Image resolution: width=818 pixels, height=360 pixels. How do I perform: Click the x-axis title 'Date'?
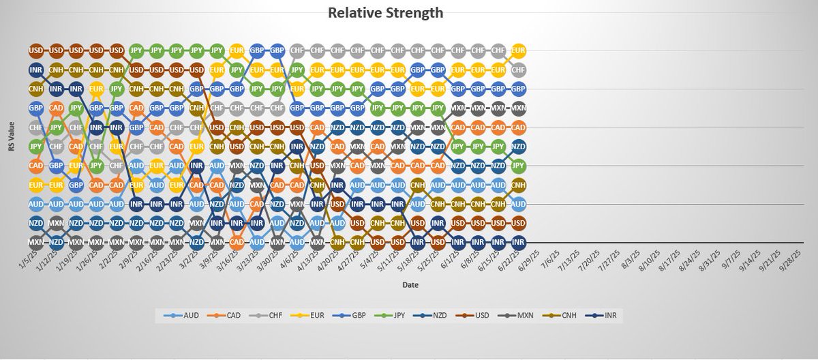(x=409, y=284)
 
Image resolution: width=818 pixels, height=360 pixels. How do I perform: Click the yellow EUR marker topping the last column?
(x=518, y=50)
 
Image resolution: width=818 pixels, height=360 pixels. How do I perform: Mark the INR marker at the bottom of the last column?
(x=518, y=242)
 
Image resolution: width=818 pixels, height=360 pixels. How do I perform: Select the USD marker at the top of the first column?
(x=35, y=50)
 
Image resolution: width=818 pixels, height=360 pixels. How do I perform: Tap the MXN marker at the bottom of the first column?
(x=35, y=242)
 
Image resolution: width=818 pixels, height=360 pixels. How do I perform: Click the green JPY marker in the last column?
(x=518, y=165)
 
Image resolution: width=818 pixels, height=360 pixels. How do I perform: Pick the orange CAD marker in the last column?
(x=518, y=127)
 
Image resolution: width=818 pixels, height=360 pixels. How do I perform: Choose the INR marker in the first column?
(x=35, y=70)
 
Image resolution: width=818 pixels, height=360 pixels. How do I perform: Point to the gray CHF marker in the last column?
(x=518, y=70)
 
